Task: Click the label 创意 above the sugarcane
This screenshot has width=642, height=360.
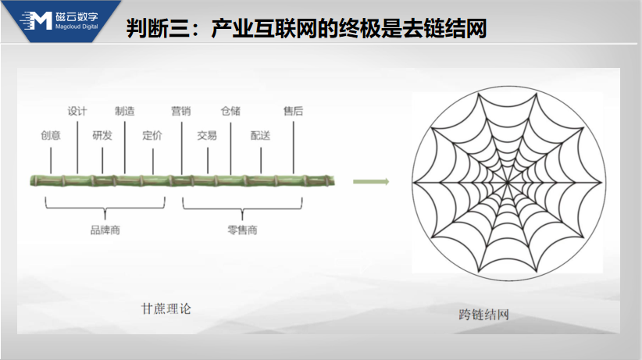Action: coord(51,135)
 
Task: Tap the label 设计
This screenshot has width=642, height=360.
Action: coord(77,111)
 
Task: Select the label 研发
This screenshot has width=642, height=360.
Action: coord(102,135)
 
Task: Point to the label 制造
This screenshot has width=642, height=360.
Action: coord(125,111)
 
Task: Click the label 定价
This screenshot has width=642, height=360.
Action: coord(152,135)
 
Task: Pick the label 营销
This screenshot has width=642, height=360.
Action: coord(181,111)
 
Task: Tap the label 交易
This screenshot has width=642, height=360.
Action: coord(207,135)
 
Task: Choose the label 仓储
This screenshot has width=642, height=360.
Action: coord(230,111)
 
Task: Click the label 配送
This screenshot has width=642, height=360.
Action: coord(260,135)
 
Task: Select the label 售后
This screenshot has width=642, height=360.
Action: coord(293,111)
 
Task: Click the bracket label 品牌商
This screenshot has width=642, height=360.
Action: coord(105,230)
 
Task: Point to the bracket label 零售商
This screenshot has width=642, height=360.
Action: coord(242,230)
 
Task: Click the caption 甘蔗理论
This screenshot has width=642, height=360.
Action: coord(166,308)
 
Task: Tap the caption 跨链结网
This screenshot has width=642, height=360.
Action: coord(484,315)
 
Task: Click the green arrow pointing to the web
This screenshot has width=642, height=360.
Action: coord(371,181)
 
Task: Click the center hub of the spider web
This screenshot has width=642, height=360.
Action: coord(508,182)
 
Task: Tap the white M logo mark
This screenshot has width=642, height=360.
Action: coord(37,20)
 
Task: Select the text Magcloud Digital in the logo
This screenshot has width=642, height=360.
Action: coord(77,27)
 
